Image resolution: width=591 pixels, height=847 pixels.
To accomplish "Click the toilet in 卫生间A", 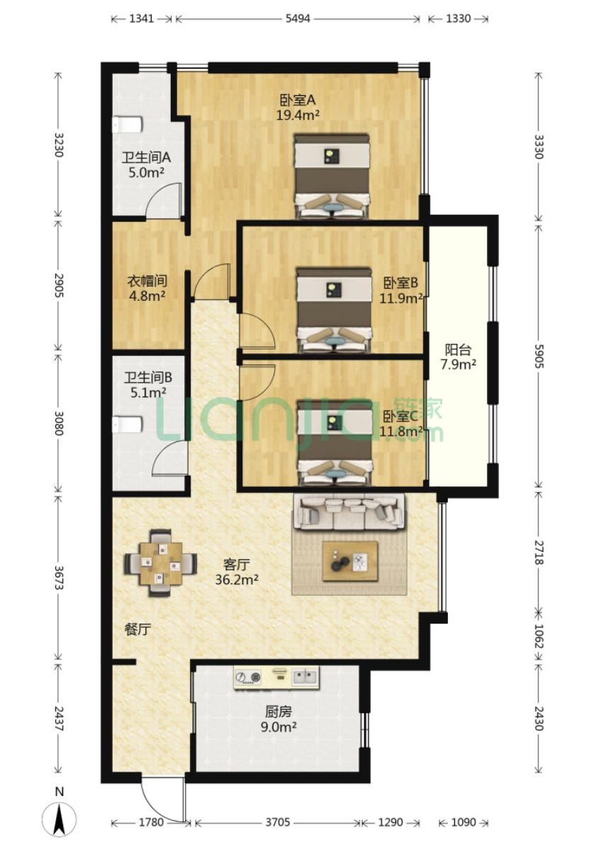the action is coord(127,125).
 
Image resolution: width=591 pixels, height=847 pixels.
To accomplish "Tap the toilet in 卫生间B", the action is coord(128,424).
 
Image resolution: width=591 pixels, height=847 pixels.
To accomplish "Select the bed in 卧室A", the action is coord(332,176).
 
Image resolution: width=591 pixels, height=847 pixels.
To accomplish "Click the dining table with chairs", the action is coord(159,563).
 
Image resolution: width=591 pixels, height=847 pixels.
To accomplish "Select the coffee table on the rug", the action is coord(350,560).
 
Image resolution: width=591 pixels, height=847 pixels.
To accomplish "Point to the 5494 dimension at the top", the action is coord(298,18).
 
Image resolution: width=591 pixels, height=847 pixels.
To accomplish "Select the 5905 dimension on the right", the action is coord(538,357).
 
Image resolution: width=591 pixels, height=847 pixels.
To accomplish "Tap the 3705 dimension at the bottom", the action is coord(278,822).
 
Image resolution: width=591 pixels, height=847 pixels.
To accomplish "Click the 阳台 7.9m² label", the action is coord(458,357).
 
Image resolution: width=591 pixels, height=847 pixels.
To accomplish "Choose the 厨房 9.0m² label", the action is coord(278,719).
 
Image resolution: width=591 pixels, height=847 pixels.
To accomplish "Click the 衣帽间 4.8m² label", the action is coord(146,288).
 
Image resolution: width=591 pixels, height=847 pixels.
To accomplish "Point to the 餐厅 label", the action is coord(137,629).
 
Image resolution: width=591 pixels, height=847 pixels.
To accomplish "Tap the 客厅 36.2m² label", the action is coord(237,572).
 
